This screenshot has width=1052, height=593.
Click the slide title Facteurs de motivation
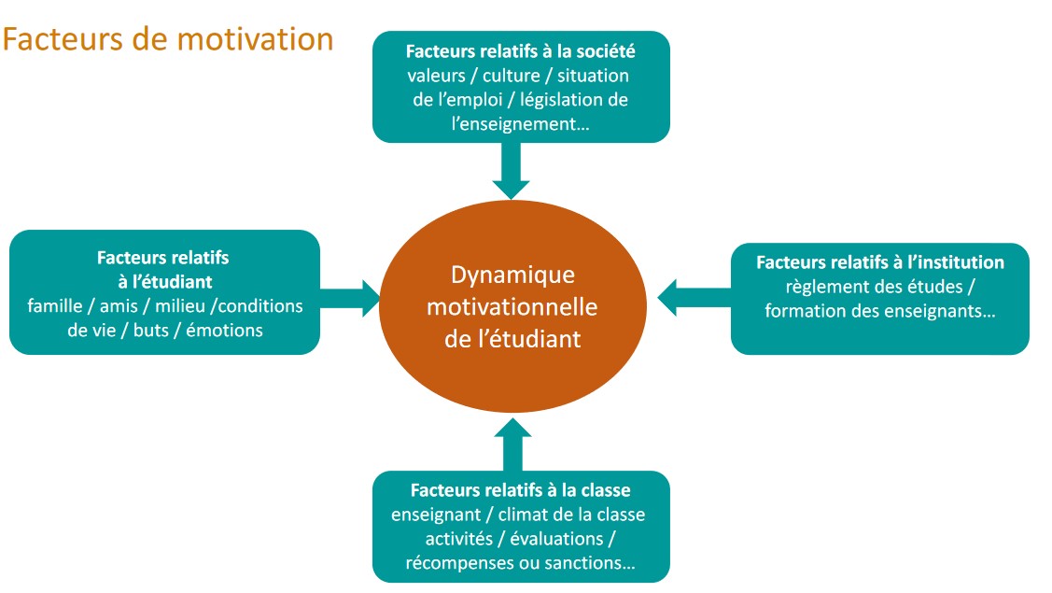coord(168,39)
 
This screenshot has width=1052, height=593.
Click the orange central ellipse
coord(512,306)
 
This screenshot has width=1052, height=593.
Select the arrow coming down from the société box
coord(512,171)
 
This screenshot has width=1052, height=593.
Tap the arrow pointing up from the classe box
coord(512,445)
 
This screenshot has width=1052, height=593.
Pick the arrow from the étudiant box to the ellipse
coord(349,299)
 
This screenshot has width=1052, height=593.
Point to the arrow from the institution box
coord(694,298)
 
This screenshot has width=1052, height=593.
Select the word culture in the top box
coord(512,76)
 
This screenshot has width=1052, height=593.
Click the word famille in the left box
coord(54,306)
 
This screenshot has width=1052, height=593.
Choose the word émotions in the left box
coord(224,331)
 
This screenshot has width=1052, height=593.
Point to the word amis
coord(119,306)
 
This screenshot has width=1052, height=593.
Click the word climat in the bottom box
coord(524,515)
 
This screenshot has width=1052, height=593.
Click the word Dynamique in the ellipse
coord(512,275)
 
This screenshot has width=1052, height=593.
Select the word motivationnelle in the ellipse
coord(512,307)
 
